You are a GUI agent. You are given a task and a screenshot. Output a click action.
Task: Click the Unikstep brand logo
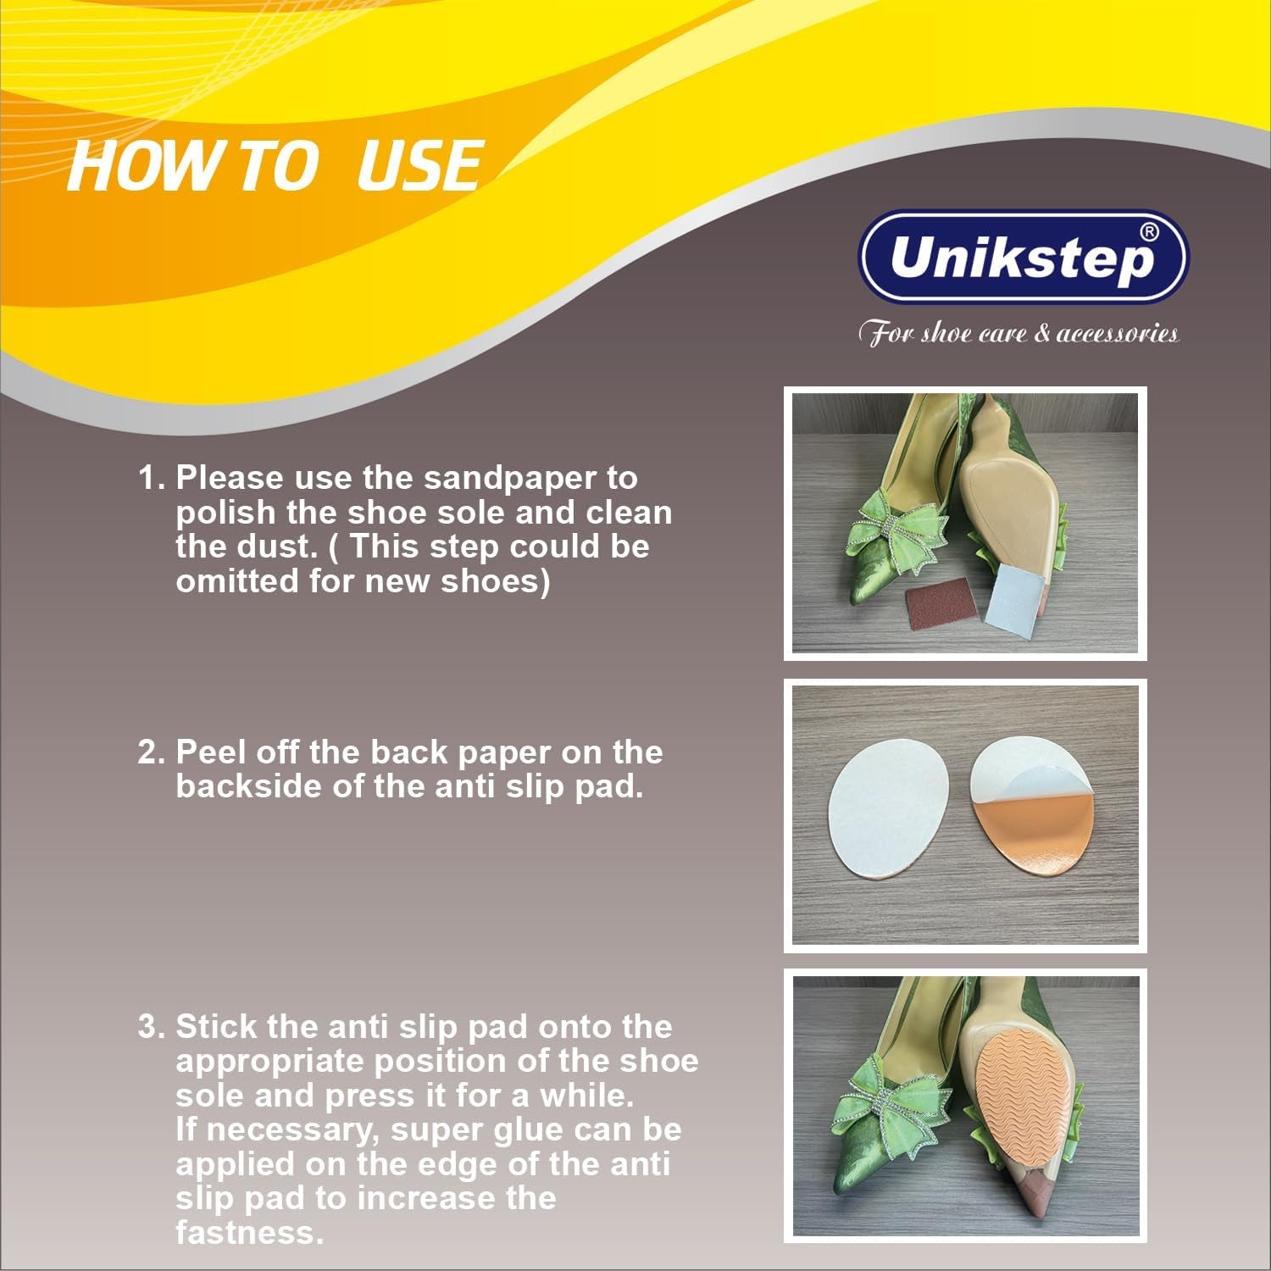(x=1024, y=257)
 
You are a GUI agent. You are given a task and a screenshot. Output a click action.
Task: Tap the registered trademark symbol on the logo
(x=1148, y=231)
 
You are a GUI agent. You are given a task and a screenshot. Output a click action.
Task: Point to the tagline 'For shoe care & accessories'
(x=1018, y=333)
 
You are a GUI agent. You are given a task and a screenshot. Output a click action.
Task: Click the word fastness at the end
(x=250, y=1232)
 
